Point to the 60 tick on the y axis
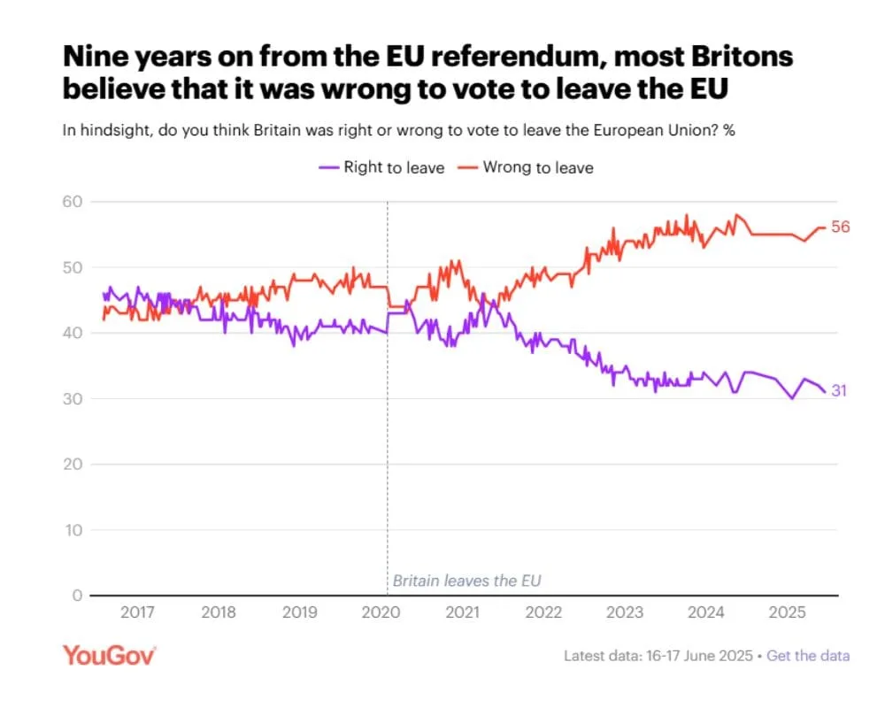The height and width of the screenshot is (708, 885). tap(73, 202)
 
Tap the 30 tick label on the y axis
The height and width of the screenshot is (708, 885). tap(73, 399)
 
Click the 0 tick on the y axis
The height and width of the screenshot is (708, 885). tap(77, 596)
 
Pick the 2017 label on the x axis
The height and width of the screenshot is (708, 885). tap(138, 612)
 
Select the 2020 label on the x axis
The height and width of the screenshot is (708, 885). tap(381, 612)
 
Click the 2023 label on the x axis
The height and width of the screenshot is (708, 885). tap(623, 612)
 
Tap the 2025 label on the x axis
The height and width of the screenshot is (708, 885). tap(785, 612)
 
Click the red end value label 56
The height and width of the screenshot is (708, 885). tap(841, 227)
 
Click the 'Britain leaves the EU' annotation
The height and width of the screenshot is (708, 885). tap(466, 581)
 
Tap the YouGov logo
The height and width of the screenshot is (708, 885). tap(109, 655)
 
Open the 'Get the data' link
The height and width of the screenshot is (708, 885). tap(808, 656)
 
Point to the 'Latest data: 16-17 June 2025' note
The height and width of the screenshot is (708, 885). tap(659, 656)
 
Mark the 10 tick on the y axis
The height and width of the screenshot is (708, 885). tap(73, 530)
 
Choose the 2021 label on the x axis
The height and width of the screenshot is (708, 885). tap(461, 612)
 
